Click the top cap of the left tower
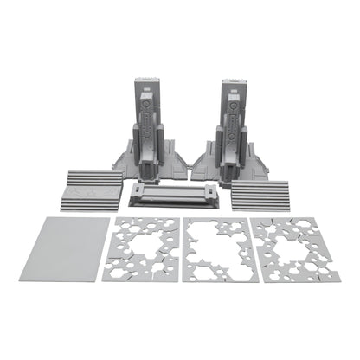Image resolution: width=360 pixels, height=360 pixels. [x=147, y=84]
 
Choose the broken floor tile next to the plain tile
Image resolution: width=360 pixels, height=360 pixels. [x=145, y=249]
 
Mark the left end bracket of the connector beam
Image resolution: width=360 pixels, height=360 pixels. [x=140, y=194]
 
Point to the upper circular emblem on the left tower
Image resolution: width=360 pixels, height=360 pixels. [x=147, y=105]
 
